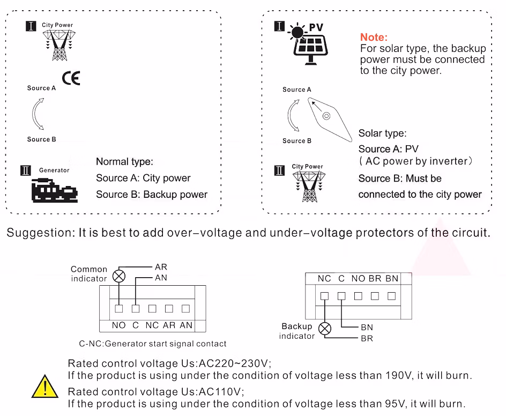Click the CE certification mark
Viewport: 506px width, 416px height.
click(x=71, y=78)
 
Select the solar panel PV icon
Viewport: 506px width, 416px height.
click(x=310, y=45)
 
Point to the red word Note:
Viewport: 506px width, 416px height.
click(x=374, y=37)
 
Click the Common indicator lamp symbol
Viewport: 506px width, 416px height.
click(x=118, y=276)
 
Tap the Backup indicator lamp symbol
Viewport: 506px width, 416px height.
click(x=325, y=329)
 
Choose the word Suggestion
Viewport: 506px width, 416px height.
click(x=40, y=233)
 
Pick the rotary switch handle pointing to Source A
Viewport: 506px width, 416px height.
click(x=326, y=116)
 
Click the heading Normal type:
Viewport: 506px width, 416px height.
click(x=124, y=161)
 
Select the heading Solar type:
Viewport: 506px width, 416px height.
click(x=382, y=133)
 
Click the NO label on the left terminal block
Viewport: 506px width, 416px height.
click(x=118, y=325)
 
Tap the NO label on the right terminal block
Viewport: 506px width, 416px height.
click(x=358, y=278)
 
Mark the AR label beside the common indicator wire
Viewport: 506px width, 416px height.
click(x=161, y=267)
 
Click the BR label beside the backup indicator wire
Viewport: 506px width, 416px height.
click(x=367, y=338)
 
